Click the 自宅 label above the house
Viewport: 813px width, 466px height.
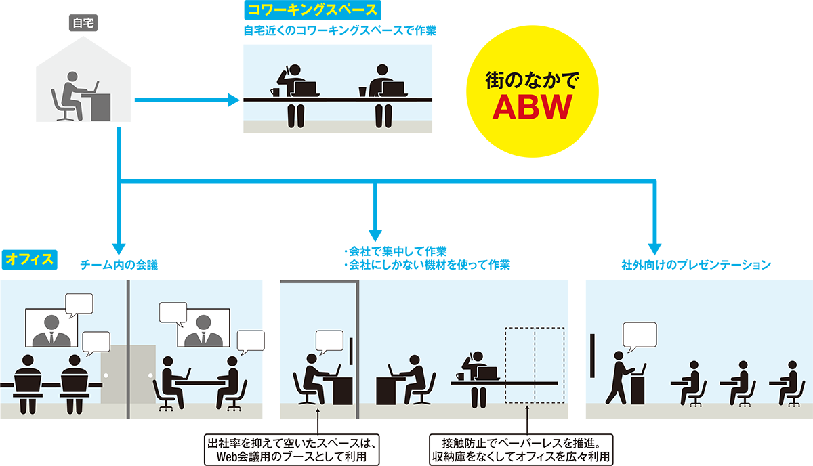(84, 22)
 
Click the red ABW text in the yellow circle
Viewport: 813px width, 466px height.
(532, 106)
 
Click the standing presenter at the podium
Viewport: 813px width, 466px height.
(619, 376)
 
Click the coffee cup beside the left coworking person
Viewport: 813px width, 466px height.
(274, 91)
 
